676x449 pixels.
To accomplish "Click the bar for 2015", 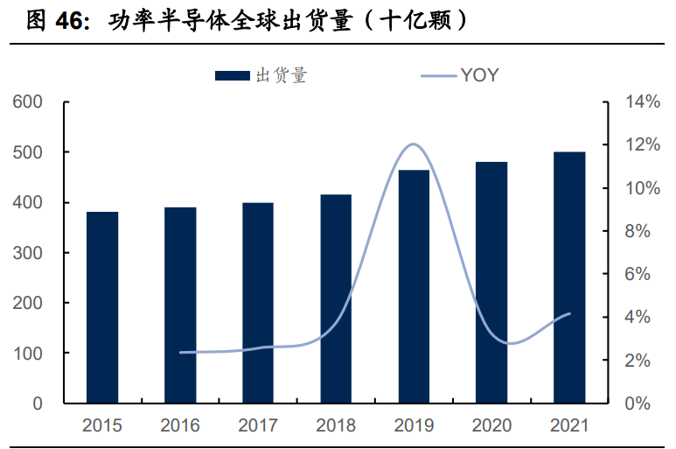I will tap(102, 307).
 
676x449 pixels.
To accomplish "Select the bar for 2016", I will tap(180, 305).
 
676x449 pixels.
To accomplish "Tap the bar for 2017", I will tap(258, 303).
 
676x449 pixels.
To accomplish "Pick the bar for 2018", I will tap(336, 298).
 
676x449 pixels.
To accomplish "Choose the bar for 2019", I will tap(414, 286).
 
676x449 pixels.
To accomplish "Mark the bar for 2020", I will tap(491, 283).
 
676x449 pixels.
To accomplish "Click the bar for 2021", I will tap(569, 277).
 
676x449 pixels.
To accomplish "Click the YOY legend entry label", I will tap(479, 76).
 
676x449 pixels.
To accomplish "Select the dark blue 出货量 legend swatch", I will tap(233, 76).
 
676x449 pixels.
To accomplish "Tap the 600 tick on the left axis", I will tap(28, 102).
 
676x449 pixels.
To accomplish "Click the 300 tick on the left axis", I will tap(28, 253).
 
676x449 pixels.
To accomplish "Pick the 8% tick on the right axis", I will tap(638, 231).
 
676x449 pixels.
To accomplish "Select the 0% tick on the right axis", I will tap(638, 403).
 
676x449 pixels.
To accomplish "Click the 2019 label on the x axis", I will tap(414, 426).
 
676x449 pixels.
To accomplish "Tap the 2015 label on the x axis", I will tap(102, 426).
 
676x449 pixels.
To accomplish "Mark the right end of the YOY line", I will tap(570, 313).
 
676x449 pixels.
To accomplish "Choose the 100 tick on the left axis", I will tap(28, 354).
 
